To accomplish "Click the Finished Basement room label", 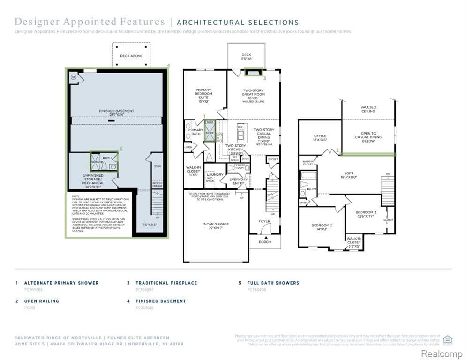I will (x=116, y=113).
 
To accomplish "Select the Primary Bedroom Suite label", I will (x=203, y=95).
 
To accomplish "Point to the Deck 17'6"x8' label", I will (x=246, y=57).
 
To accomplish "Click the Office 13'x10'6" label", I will (x=320, y=138).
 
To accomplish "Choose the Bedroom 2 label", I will (x=322, y=227).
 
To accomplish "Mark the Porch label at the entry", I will (x=265, y=242).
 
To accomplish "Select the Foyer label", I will (x=265, y=221).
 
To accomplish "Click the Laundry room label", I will (x=215, y=175).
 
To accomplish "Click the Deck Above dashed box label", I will (x=131, y=56).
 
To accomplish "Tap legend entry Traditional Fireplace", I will (x=166, y=283).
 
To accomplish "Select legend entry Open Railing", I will (x=41, y=301).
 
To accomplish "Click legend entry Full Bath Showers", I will (x=273, y=283).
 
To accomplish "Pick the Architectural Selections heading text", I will (x=237, y=22).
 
